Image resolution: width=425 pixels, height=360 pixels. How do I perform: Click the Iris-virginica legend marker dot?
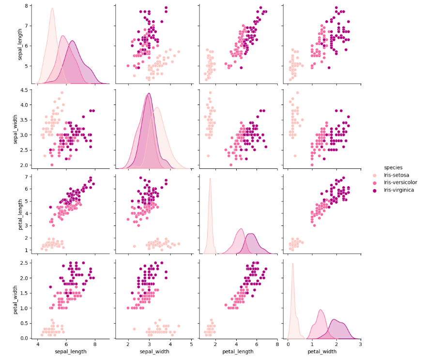(378, 190)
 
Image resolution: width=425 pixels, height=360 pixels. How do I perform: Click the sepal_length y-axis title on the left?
(20, 44)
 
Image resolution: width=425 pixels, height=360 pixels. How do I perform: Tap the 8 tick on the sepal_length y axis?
(28, 6)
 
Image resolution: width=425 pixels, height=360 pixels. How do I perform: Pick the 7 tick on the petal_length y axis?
(28, 177)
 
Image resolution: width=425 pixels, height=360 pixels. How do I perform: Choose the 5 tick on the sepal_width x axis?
(191, 345)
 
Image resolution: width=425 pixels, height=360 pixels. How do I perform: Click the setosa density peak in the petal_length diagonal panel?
(210, 179)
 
